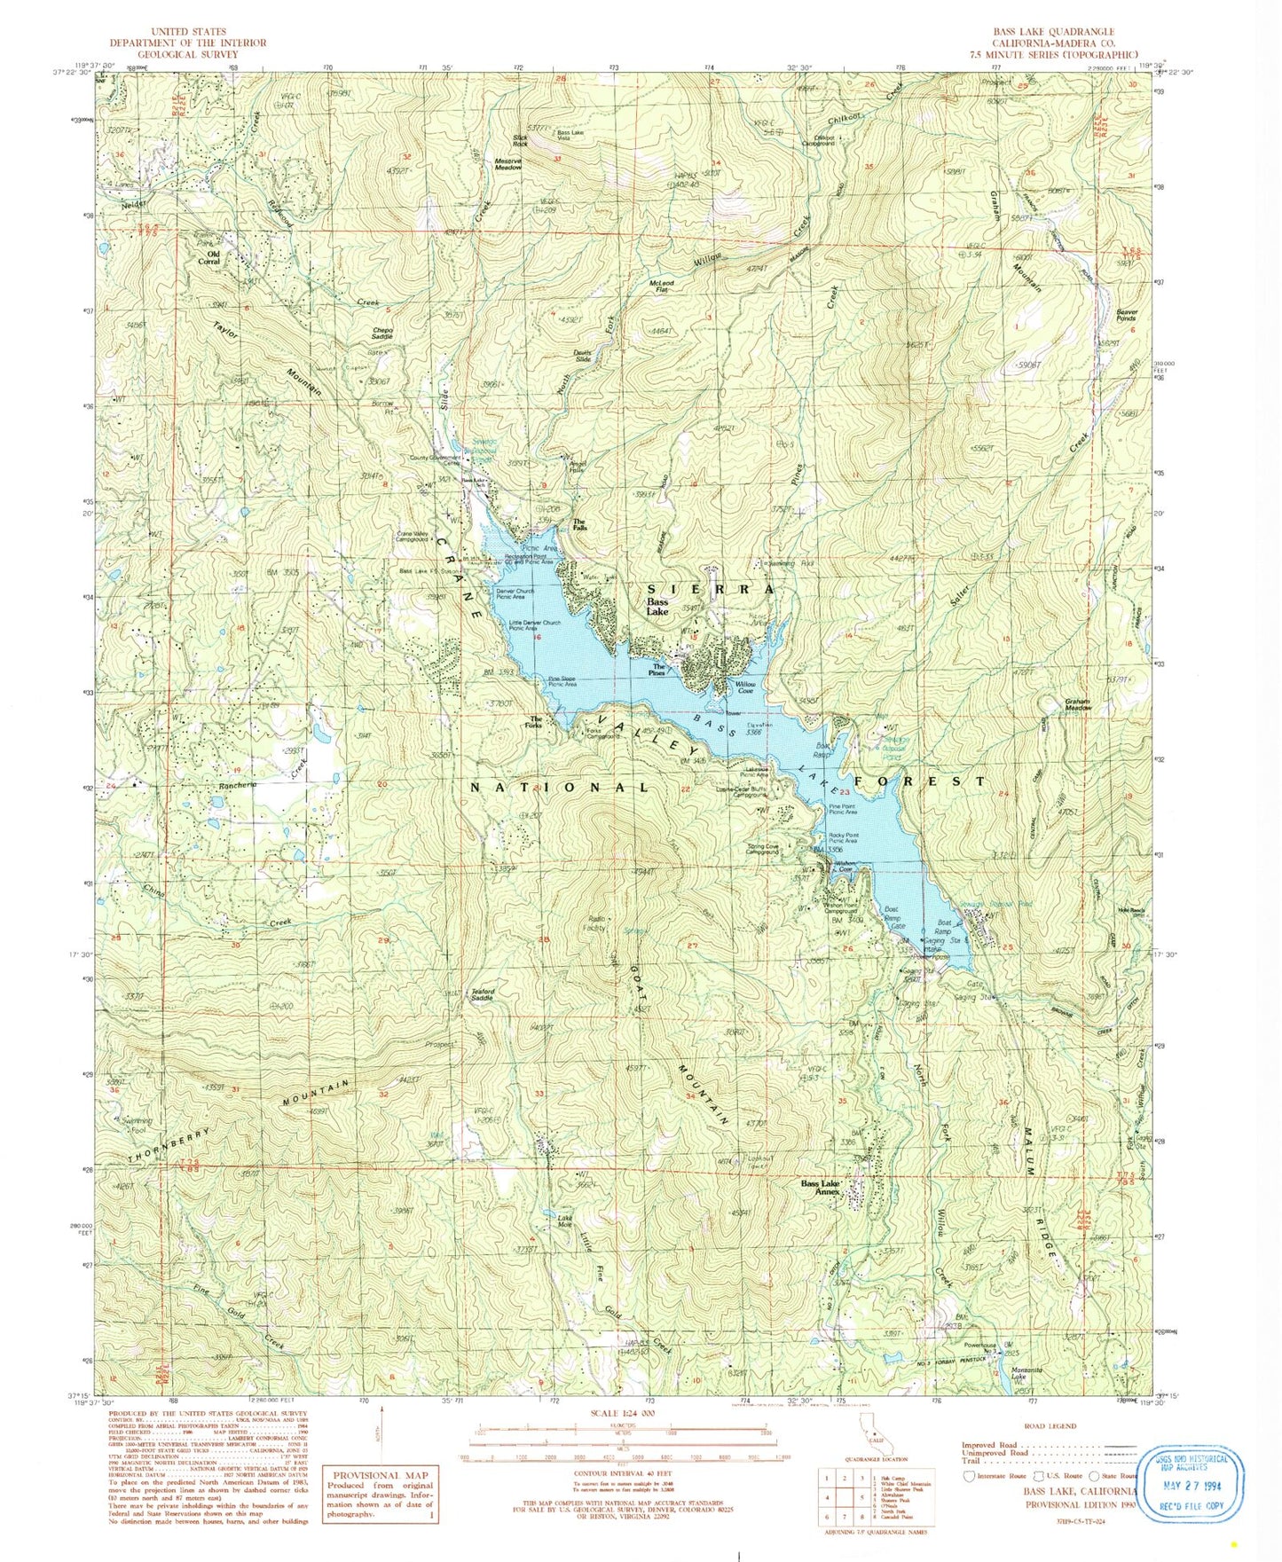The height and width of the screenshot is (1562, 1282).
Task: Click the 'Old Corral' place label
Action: click(208, 258)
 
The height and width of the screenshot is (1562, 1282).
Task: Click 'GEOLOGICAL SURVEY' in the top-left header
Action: click(188, 53)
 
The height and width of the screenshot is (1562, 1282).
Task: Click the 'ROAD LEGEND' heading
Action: click(1050, 1426)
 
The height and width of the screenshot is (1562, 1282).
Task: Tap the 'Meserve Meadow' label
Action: click(507, 165)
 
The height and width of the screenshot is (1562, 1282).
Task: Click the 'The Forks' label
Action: click(536, 723)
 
